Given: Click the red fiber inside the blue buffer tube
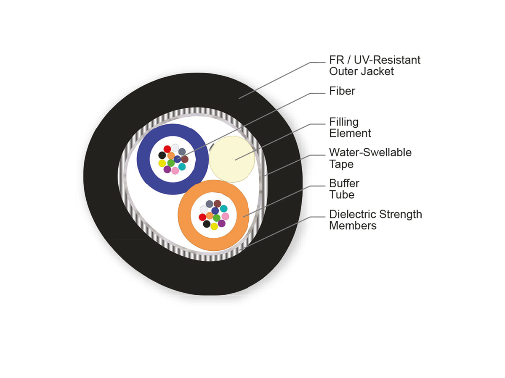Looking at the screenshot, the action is coord(167,149).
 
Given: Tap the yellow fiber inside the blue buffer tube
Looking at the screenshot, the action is coord(162,163).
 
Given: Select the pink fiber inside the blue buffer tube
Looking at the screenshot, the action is coord(175,171).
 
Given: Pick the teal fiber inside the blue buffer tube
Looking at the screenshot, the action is coord(182,167).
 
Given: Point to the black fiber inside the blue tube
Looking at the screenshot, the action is coord(162,155).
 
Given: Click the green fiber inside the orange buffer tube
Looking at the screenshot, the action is coord(216,218).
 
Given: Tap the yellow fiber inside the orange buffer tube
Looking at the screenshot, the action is coord(214,226).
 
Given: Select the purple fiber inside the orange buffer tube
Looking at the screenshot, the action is coord(221,223).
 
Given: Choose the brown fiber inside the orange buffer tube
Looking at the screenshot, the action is coord(217,203).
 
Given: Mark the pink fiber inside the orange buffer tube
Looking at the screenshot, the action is coord(225,216).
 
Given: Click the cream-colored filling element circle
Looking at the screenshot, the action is coord(232,159).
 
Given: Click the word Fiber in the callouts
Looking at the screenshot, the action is coord(342,91).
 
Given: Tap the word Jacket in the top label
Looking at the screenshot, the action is coord(377,71).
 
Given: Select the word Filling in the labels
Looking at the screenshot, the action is coord(344,122).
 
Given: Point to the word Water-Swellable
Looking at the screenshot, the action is coord(370,152).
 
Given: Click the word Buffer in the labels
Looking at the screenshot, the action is coord(344,184).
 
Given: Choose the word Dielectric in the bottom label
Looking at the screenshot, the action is coord(353,214).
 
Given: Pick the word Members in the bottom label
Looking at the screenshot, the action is coord(353,226).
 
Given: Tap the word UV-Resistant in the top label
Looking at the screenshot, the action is coord(387,60).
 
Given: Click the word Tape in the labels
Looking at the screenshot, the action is coord(341,165).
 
